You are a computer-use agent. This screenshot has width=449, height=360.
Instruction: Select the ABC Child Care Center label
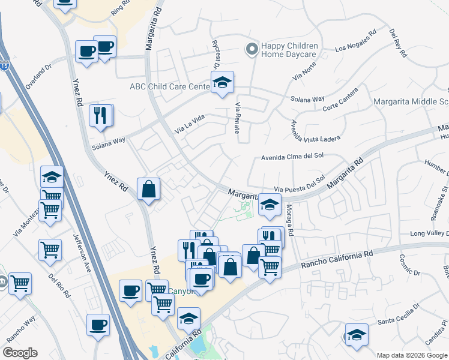click(x=169, y=86)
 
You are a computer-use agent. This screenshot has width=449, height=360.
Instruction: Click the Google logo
click(x=20, y=353)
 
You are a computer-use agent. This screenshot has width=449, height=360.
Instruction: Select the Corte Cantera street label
click(x=340, y=100)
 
